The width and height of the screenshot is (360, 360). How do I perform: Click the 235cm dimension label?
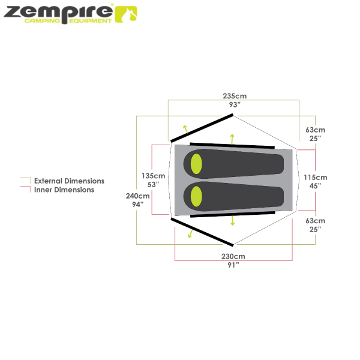click(235, 96)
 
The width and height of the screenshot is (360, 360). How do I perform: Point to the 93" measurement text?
click(235, 104)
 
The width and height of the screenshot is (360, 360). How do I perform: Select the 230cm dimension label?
click(233, 256)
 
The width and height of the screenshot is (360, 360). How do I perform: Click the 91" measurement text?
click(233, 264)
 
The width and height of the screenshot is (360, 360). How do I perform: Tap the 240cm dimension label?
click(137, 196)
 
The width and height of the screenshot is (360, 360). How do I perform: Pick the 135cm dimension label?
click(153, 176)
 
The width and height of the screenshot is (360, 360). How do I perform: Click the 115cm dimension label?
click(315, 178)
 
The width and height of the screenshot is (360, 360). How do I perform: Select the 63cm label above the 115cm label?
click(315, 130)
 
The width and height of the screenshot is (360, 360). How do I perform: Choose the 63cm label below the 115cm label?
click(315, 220)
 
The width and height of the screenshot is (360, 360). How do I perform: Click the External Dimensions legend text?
click(69, 181)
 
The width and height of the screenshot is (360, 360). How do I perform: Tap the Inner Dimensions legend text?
click(64, 190)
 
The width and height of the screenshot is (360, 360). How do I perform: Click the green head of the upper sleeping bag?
click(196, 163)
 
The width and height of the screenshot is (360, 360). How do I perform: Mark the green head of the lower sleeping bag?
click(196, 195)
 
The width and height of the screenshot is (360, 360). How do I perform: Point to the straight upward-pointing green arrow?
click(232, 139)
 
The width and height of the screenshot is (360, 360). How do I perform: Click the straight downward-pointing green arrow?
click(232, 220)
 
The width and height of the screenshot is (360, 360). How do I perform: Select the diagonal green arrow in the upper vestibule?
click(186, 128)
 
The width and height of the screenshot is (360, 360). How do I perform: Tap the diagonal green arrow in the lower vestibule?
click(191, 233)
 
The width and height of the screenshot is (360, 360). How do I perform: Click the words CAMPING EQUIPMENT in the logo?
click(67, 21)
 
